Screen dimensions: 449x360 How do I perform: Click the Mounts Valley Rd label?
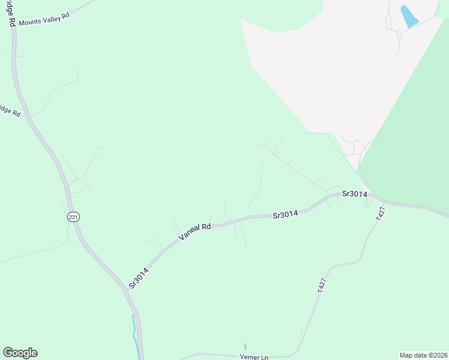point(44,17)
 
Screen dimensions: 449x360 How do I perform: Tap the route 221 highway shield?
point(73,217)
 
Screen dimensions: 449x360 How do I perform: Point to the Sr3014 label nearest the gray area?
point(354,194)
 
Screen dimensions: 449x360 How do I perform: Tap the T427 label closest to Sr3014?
point(379,214)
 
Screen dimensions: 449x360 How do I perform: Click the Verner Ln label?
point(255,358)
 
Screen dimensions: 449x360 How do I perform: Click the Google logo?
point(20,353)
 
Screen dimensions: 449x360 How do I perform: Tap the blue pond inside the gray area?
point(409,17)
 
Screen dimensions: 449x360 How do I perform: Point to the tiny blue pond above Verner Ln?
point(245,346)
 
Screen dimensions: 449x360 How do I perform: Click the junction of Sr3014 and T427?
point(369,196)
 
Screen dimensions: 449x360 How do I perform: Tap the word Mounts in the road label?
point(29,22)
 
